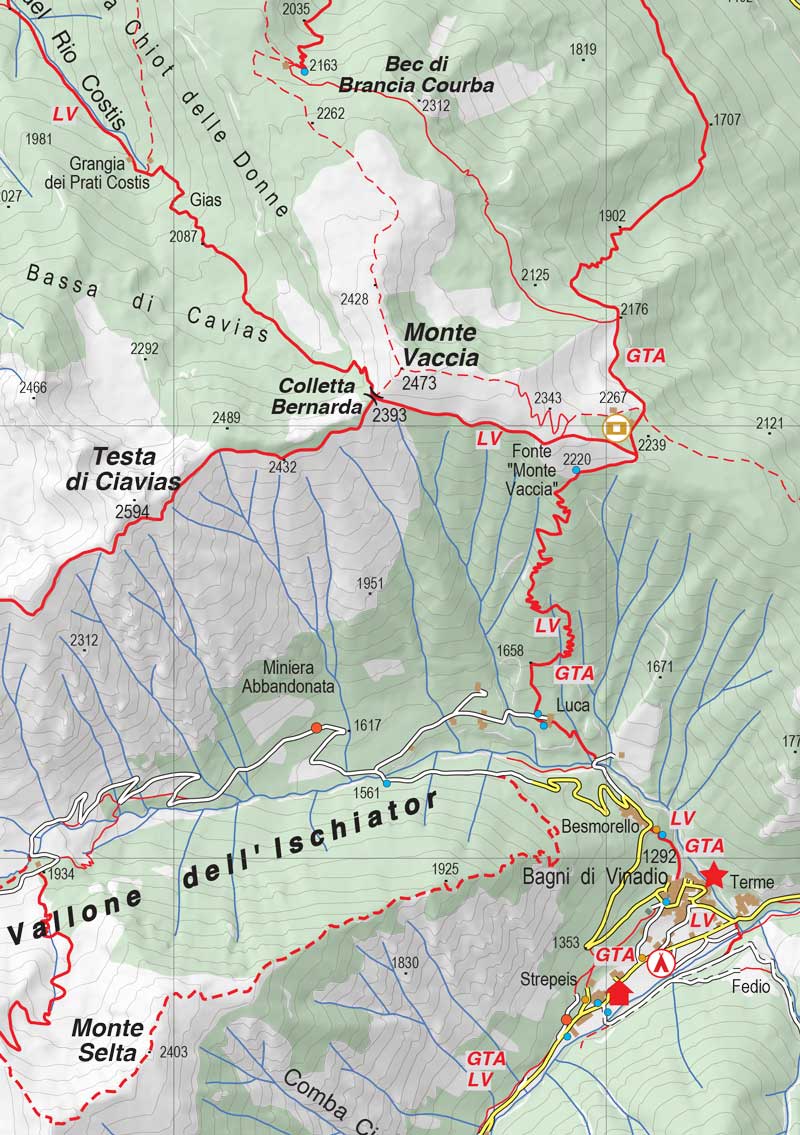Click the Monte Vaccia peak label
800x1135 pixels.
click(x=441, y=344)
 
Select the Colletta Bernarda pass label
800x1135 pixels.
click(x=319, y=396)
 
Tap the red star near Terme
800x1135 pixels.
click(x=714, y=875)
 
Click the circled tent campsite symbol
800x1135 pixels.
click(x=661, y=963)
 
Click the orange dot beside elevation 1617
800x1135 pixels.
click(x=317, y=727)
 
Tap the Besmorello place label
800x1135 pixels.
click(x=600, y=827)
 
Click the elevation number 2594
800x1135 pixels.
click(x=134, y=511)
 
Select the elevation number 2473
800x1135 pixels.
click(x=419, y=383)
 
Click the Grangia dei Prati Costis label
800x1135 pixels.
click(x=97, y=172)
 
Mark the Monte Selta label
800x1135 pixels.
click(x=107, y=1039)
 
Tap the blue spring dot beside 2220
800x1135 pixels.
click(x=576, y=470)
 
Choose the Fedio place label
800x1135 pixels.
click(x=751, y=987)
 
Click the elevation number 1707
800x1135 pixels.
click(x=727, y=120)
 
